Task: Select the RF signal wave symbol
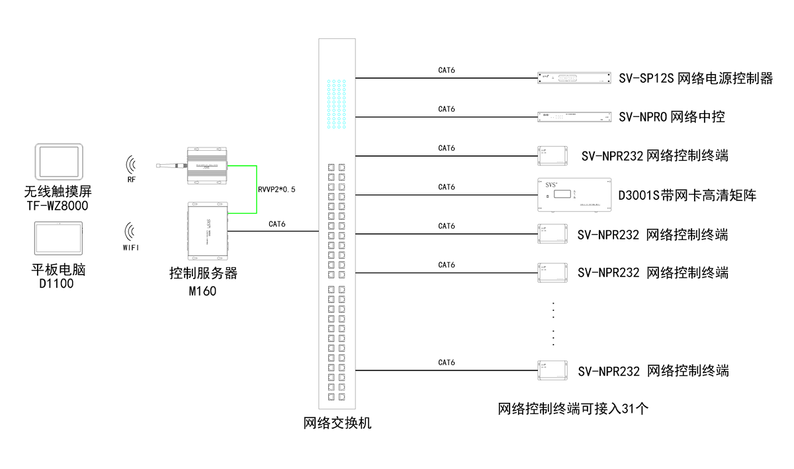132,164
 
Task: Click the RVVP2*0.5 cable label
277,189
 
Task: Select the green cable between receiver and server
256,189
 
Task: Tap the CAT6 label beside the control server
277,224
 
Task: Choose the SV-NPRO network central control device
573,118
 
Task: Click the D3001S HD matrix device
574,194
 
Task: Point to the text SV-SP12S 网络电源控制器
695,79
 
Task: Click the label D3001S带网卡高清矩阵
686,195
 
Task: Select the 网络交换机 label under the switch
337,423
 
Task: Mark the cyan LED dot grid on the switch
337,105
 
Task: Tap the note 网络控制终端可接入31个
573,409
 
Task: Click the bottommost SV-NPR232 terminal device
553,370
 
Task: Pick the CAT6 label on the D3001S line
447,187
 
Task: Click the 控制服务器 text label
202,273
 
